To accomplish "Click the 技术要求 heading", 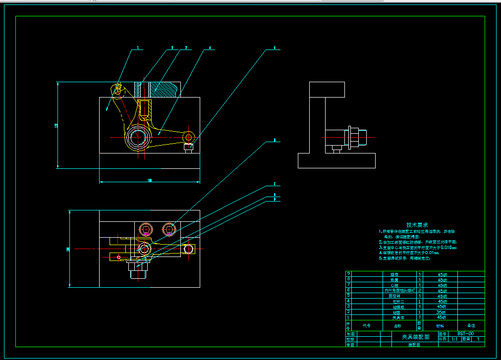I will point(417,225).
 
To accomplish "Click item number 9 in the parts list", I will point(348,274).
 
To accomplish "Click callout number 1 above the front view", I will point(138,49).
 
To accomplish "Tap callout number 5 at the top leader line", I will point(274,49).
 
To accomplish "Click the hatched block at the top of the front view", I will point(164,89).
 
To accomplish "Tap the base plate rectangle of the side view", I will point(336,160).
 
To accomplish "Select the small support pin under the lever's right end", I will point(188,148).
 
